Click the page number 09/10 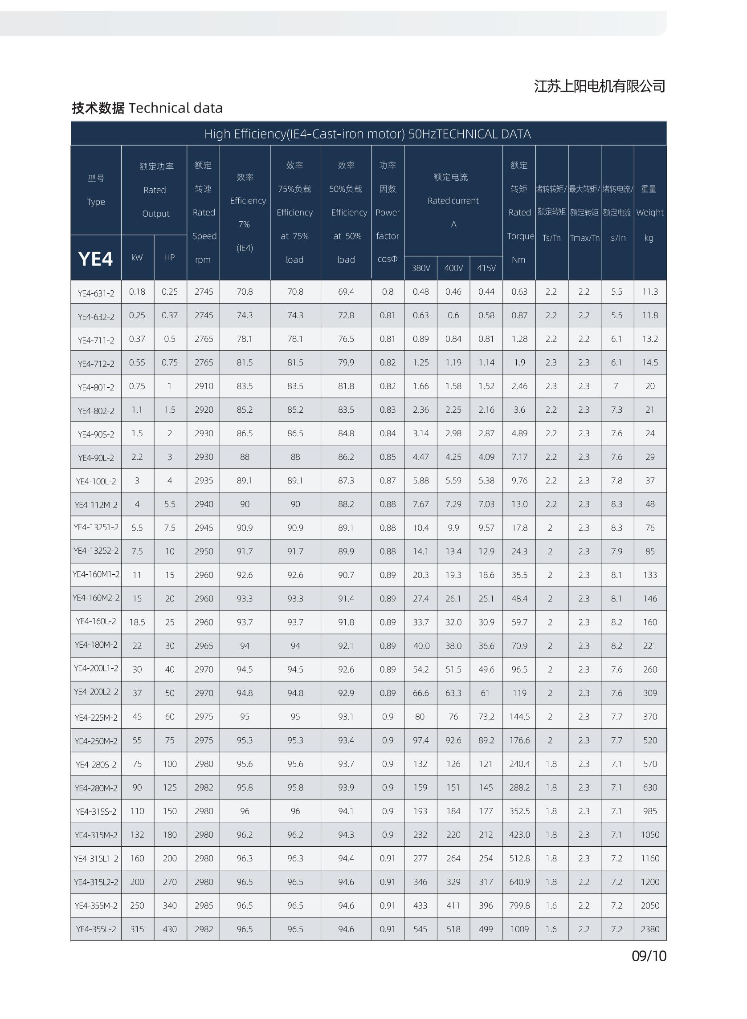[x=649, y=956]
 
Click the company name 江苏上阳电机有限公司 [x=600, y=86]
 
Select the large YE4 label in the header [x=95, y=259]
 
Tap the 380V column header [x=420, y=268]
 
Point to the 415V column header [x=486, y=268]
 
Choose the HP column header [x=170, y=257]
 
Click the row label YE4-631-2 [x=96, y=293]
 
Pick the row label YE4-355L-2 [x=96, y=929]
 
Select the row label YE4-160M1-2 [x=96, y=574]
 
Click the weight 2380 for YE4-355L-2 [x=650, y=929]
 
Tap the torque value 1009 [x=519, y=929]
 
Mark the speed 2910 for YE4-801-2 [x=204, y=386]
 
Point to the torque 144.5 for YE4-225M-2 [x=519, y=717]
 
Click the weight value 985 [x=650, y=811]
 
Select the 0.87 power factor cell [x=388, y=480]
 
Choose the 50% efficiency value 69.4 [x=346, y=292]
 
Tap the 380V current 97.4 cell [x=420, y=740]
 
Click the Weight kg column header [x=650, y=212]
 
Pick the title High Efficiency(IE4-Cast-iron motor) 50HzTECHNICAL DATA [x=367, y=134]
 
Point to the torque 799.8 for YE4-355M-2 [x=519, y=905]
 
